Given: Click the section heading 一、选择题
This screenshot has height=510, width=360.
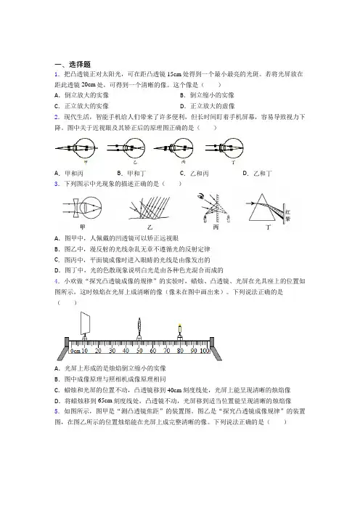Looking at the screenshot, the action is (x=73, y=64).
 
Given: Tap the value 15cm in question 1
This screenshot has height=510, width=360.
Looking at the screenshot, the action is (x=173, y=74).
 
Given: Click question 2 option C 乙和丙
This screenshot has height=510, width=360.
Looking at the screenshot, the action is (x=195, y=174).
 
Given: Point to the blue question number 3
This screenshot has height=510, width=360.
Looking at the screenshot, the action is (x=57, y=184).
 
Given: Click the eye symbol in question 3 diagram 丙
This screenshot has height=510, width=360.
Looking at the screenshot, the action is (x=201, y=196).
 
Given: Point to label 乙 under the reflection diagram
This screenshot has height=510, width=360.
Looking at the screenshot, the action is (x=150, y=227).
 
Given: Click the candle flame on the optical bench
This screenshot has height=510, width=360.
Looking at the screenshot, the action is (x=179, y=325).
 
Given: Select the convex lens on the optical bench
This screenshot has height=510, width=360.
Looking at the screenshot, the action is (x=139, y=326).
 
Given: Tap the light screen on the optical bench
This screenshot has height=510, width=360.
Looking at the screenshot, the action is (x=85, y=323).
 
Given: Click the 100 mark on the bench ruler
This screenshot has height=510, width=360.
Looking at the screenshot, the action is (x=205, y=351).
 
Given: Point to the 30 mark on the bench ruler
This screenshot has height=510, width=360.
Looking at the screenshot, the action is (x=112, y=351).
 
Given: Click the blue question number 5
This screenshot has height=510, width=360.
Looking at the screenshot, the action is (x=57, y=411).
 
